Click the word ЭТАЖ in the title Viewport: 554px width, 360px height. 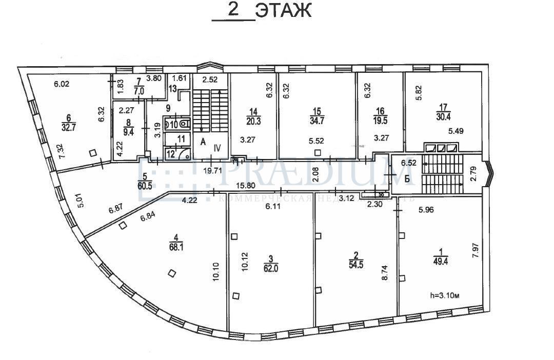point(283,11)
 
